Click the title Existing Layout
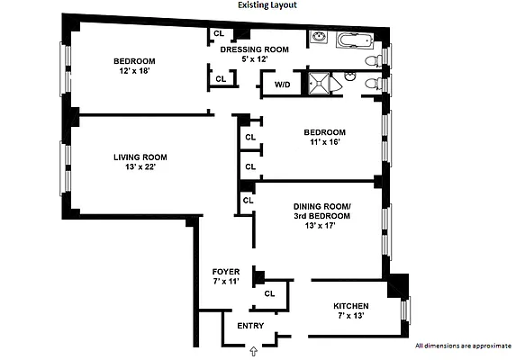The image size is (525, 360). click(x=267, y=5)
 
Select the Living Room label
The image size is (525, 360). click(x=140, y=157)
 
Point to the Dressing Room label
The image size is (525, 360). click(x=255, y=49)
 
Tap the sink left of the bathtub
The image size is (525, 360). click(x=319, y=39)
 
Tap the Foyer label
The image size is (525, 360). click(x=225, y=271)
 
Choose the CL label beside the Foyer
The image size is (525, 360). click(x=269, y=293)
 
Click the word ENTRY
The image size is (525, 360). click(x=250, y=326)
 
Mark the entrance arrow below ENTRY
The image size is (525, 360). click(x=253, y=349)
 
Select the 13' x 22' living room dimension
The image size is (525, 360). click(x=140, y=167)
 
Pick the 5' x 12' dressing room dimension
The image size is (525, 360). click(x=255, y=59)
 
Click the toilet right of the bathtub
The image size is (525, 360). click(x=373, y=59)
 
